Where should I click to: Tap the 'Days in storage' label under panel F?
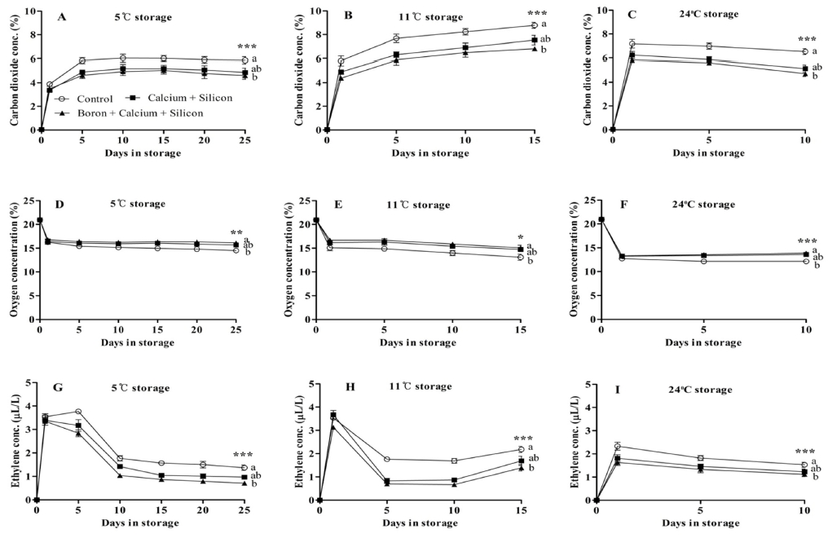[703, 293]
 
